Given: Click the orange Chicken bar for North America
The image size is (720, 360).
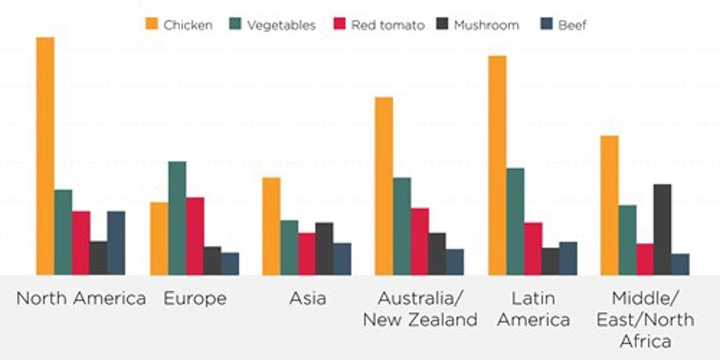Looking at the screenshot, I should tap(45, 156).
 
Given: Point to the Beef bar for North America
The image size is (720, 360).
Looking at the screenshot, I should tap(116, 243).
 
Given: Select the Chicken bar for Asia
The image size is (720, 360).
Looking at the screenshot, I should tap(271, 226).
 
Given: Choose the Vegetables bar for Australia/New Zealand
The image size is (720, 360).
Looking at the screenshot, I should tap(402, 226).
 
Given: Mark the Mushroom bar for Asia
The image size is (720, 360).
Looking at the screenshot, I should tap(325, 248).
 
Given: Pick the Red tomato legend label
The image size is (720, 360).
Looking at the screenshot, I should tap(388, 25).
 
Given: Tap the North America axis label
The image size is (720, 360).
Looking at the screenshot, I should tap(81, 299).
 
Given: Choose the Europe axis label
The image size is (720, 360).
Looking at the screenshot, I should tap(195, 299).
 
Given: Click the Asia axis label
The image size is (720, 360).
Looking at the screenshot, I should tap(307, 299).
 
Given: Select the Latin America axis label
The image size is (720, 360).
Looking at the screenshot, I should tap(533, 309).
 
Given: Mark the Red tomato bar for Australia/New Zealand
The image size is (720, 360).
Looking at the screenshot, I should tap(420, 241).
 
